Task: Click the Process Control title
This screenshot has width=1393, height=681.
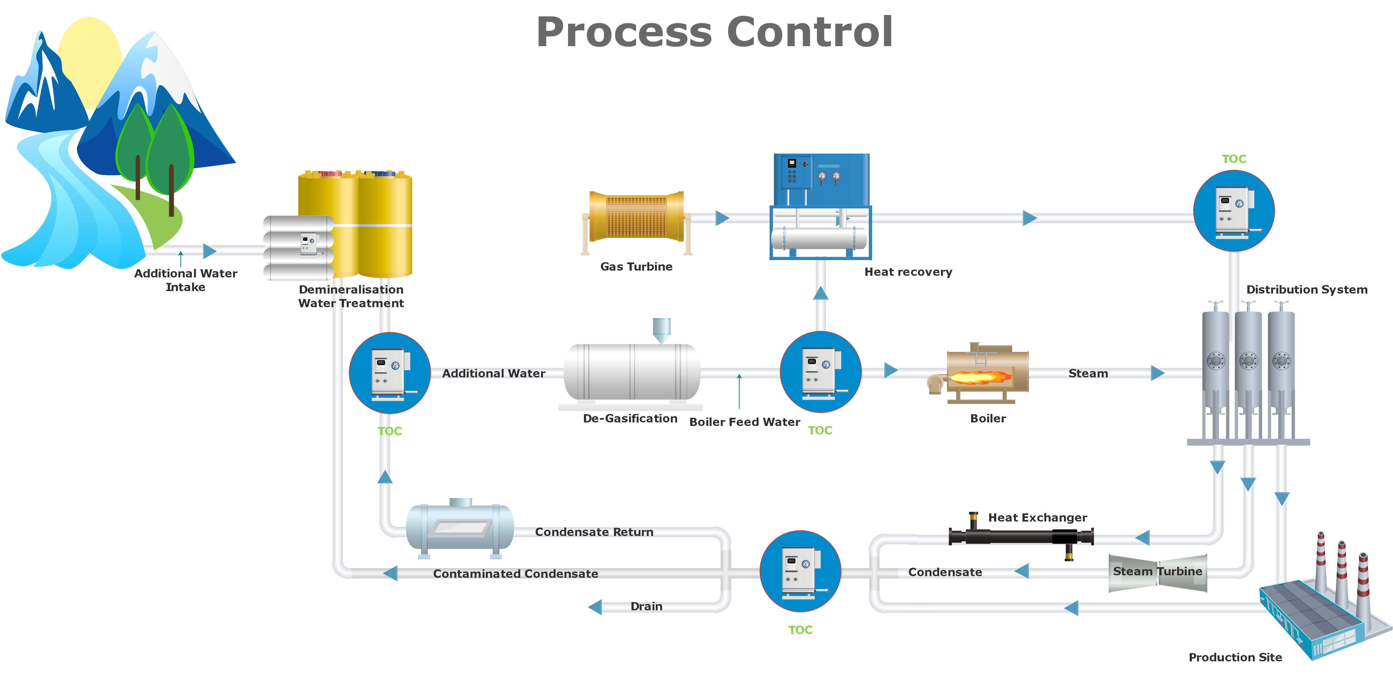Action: [714, 32]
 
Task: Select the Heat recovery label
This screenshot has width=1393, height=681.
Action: [908, 272]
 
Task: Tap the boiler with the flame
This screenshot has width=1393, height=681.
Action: [979, 373]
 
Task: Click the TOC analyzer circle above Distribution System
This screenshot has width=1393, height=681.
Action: [1234, 211]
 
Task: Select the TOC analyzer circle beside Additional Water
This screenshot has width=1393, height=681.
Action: [390, 373]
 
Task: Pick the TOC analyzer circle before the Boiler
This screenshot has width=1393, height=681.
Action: [820, 372]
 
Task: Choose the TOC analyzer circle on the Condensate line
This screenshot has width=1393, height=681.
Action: [800, 571]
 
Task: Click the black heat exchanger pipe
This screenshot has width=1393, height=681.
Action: [1021, 536]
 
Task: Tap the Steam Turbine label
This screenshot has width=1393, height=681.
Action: [1157, 571]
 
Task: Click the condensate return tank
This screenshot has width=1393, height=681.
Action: [460, 529]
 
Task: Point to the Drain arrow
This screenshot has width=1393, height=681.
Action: [595, 607]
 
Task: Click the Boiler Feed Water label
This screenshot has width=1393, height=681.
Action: [745, 422]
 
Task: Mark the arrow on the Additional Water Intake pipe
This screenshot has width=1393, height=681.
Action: [210, 251]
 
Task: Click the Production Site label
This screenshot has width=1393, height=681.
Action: [1235, 657]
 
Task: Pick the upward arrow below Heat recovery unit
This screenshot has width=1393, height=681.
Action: [820, 293]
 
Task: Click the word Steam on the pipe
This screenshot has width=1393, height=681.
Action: [1088, 374]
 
